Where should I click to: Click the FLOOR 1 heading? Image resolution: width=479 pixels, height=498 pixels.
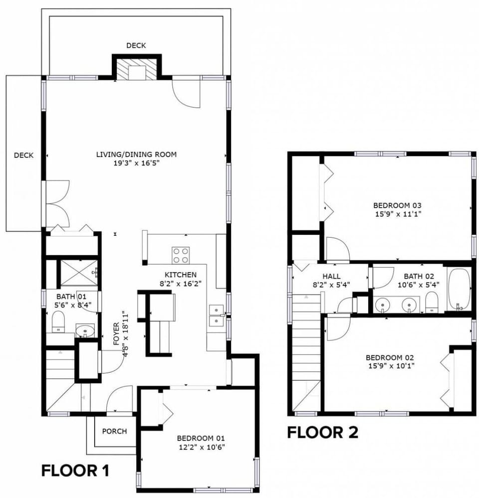tap(75, 471)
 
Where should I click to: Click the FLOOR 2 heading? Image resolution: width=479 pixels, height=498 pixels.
tap(323, 432)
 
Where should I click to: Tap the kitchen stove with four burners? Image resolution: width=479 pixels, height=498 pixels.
tap(181, 255)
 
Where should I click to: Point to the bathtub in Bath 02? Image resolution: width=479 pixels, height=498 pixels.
tap(459, 289)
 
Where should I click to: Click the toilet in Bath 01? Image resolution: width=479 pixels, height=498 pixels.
tap(58, 322)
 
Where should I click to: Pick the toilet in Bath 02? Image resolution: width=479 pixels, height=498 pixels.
tap(431, 302)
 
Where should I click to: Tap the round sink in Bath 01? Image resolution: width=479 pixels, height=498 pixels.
tap(85, 331)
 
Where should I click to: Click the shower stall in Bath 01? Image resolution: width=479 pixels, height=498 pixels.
tap(79, 273)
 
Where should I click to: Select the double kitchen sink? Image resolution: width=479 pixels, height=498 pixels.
tap(217, 316)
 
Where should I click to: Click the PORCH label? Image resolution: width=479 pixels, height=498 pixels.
tap(114, 431)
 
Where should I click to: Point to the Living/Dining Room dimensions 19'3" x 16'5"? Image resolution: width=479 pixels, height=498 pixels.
tap(136, 163)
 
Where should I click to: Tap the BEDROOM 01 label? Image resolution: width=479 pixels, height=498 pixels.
tap(201, 438)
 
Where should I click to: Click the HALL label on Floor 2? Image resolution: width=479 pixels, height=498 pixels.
tap(331, 276)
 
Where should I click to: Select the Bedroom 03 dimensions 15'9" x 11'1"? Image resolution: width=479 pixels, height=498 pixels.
tap(398, 214)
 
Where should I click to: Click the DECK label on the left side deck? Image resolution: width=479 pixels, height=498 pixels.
tap(24, 156)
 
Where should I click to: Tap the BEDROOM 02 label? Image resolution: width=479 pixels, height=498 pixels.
tap(390, 357)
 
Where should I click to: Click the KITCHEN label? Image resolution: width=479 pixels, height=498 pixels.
tap(181, 275)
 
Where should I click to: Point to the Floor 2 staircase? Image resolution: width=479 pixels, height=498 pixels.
tap(306, 352)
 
